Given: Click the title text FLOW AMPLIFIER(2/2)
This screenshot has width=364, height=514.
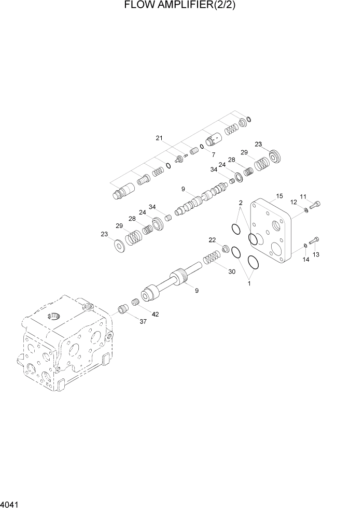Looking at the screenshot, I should click(x=177, y=6).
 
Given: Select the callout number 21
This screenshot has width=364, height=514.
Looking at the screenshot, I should click(x=159, y=138).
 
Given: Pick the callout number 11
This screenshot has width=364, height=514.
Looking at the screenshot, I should click(x=303, y=196).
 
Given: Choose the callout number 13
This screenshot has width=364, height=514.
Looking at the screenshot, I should click(x=316, y=254).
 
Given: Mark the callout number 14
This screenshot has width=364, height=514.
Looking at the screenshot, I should click(x=306, y=259).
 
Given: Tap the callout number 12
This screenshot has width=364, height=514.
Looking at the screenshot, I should click(x=293, y=202).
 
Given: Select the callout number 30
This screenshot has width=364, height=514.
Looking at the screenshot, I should click(x=231, y=272).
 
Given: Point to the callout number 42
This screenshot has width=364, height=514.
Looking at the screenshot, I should click(x=155, y=314).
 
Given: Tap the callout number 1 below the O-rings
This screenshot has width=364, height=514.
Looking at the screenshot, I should click(x=248, y=283).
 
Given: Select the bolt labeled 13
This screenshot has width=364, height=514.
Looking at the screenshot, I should click(x=314, y=240).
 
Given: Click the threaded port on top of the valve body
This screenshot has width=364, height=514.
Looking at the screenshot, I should click(x=53, y=316).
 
